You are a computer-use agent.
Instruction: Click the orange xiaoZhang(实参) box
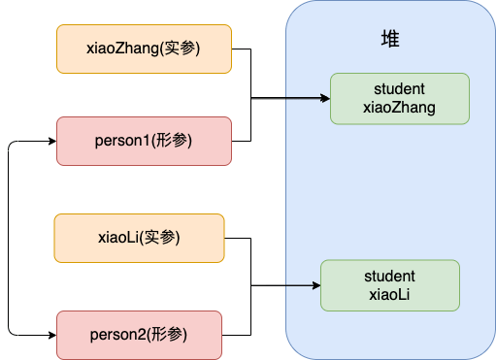point(144,49)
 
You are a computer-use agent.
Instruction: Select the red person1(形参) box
point(144,141)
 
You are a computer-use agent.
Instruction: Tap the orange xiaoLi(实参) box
point(139,238)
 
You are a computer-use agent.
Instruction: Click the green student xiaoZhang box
point(399,98)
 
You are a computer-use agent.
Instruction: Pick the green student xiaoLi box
point(390,284)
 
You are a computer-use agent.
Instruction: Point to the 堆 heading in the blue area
point(390,39)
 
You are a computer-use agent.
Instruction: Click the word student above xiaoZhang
point(399,89)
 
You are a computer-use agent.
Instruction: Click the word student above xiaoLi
point(390,276)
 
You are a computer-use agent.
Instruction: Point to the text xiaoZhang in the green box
point(399,107)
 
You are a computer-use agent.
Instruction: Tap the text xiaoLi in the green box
point(390,293)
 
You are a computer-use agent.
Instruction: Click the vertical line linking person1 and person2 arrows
point(8,238)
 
